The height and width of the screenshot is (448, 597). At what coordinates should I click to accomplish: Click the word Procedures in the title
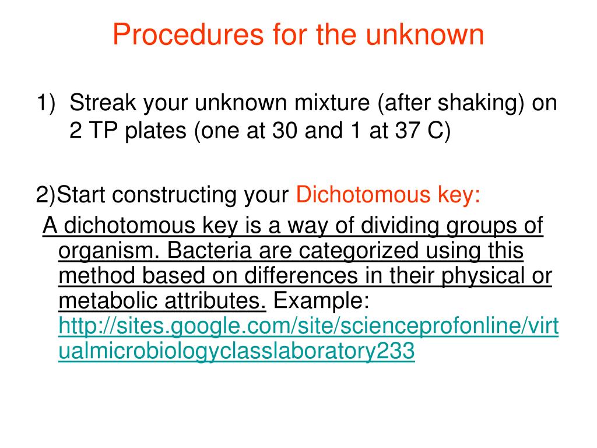pos(188,34)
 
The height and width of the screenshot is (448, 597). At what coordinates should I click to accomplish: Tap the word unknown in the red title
pos(425,34)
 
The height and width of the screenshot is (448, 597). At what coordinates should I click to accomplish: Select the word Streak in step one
pos(103,102)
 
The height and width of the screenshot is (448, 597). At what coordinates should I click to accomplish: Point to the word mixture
pos(332,102)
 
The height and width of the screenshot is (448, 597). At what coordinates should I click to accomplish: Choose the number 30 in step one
pos(285,130)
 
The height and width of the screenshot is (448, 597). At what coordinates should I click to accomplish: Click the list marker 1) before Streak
pos(46,103)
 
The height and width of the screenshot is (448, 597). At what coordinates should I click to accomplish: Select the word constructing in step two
pos(174,195)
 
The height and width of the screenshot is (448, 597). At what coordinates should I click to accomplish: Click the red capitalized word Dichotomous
pos(363,194)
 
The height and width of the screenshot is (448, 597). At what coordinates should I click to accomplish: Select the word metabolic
pos(108,300)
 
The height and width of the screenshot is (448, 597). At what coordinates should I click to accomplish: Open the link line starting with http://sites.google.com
pos(308,327)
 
